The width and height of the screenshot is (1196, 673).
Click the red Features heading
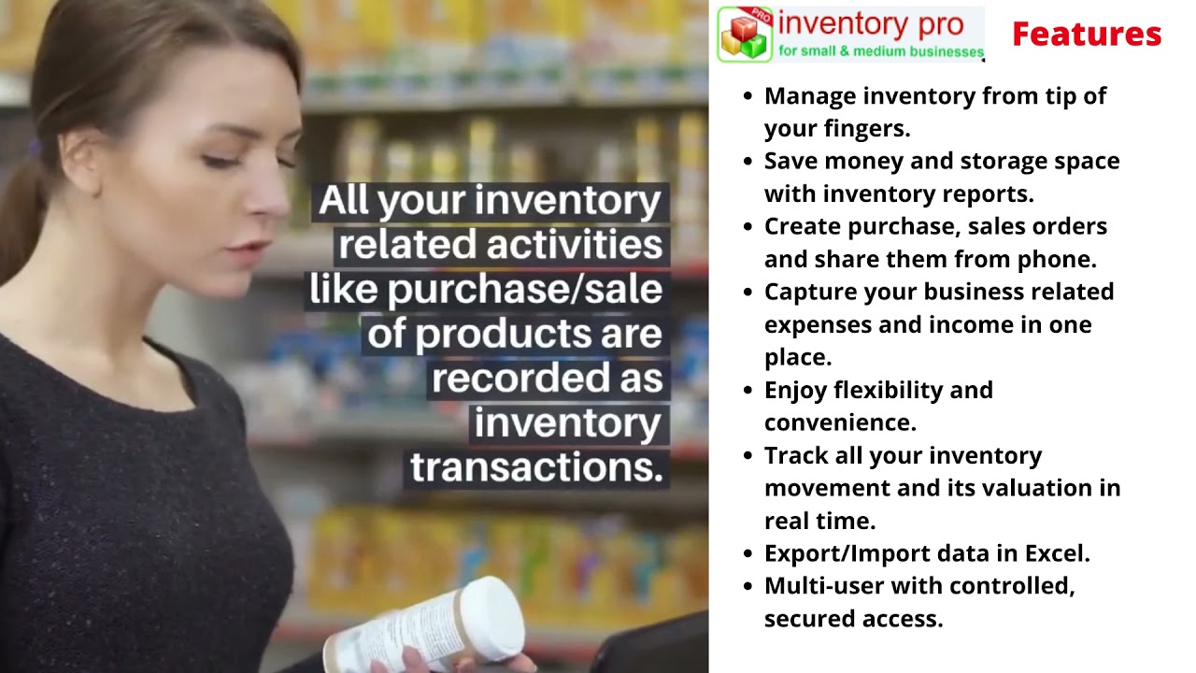click(1086, 35)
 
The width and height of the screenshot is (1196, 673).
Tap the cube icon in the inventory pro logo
click(745, 35)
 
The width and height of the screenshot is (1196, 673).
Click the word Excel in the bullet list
click(1056, 553)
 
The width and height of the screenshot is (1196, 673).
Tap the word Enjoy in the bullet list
click(795, 390)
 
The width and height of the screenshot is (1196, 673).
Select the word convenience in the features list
click(839, 422)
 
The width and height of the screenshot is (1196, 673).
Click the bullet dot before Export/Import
click(747, 553)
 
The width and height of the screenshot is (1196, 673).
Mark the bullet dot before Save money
click(747, 161)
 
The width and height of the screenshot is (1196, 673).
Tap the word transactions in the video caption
click(536, 467)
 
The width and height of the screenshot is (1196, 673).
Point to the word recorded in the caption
click(518, 379)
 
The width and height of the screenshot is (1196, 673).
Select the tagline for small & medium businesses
click(880, 51)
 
